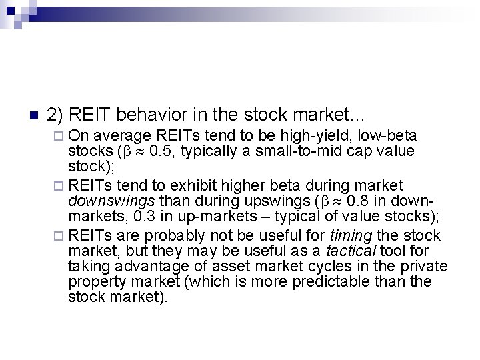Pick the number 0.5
tap(165, 152)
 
